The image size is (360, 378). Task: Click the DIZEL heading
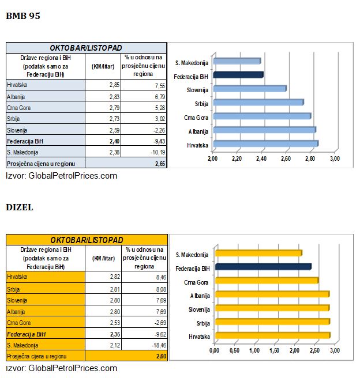click(20, 206)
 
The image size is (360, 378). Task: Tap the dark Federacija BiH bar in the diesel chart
click(262, 267)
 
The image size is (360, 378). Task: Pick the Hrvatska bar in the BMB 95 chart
click(265, 143)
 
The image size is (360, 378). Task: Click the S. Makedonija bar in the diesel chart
click(258, 253)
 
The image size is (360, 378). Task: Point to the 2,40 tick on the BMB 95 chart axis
click(261, 158)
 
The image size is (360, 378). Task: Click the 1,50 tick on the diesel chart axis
click(275, 350)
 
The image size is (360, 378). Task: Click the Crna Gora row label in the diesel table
click(20, 322)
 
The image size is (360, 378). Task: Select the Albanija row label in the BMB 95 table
click(17, 96)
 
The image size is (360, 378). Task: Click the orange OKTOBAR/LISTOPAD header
click(86, 240)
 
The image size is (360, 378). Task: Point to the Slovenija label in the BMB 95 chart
click(197, 89)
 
